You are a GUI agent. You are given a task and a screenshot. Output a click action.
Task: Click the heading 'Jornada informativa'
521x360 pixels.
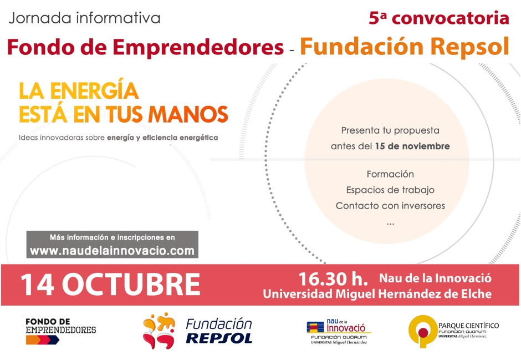click(x=84, y=18)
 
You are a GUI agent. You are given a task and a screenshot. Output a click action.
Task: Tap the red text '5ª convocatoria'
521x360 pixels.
click(x=439, y=18)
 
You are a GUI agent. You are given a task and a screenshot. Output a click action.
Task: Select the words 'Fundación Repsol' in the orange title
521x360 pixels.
click(x=405, y=47)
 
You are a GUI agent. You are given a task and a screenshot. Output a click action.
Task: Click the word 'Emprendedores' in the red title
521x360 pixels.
click(x=198, y=47)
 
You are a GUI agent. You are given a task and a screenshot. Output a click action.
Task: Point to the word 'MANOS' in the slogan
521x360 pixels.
click(x=188, y=114)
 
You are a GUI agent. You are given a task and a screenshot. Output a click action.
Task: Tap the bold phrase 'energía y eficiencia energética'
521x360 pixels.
click(x=162, y=138)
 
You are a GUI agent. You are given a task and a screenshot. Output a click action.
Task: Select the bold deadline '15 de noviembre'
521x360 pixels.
click(x=412, y=146)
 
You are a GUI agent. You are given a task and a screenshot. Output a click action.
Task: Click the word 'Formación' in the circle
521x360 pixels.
click(x=390, y=174)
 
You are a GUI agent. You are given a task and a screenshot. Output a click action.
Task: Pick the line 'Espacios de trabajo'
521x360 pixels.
click(x=390, y=190)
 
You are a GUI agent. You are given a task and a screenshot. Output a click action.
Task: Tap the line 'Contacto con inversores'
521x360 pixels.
click(x=390, y=206)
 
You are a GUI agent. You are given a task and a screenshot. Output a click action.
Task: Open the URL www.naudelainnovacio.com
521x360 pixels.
click(x=113, y=251)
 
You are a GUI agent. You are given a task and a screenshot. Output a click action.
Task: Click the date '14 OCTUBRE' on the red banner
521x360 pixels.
click(x=110, y=284)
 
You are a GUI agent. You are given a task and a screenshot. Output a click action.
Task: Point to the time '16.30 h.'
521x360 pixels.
click(x=333, y=279)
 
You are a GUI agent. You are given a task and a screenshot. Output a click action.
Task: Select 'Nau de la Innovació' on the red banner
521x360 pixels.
click(x=435, y=278)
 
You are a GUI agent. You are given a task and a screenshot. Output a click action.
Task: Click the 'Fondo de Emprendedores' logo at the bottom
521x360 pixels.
click(x=61, y=331)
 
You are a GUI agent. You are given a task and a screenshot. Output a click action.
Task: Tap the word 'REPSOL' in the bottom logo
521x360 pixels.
click(x=219, y=338)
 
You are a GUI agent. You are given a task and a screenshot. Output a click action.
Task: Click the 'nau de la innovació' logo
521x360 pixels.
click(x=339, y=331)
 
